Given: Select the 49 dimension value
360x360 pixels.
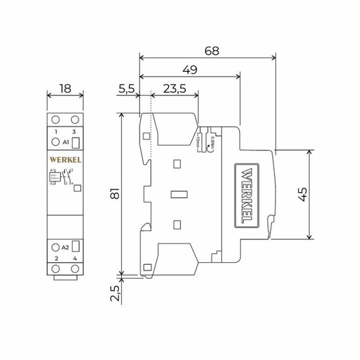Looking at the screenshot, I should [x=188, y=70].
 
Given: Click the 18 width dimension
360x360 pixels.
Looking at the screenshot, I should [x=65, y=88].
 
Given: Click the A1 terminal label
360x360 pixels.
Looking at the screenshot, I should [x=57, y=143].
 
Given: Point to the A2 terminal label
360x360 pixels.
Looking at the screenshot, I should [x=57, y=247].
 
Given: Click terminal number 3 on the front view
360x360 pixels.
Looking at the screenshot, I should [x=75, y=131].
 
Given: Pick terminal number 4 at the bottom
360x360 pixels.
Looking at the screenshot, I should [x=75, y=259].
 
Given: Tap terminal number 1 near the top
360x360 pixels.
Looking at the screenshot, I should [x=56, y=131].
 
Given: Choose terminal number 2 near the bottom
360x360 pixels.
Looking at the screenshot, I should [x=56, y=259].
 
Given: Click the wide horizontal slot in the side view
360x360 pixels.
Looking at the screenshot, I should [x=181, y=195].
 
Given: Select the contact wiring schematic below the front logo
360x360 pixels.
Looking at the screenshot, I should [x=63, y=177].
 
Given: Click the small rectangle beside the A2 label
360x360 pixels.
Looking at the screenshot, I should [x=75, y=246].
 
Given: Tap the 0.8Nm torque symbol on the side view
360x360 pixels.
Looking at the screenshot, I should [x=213, y=138].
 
